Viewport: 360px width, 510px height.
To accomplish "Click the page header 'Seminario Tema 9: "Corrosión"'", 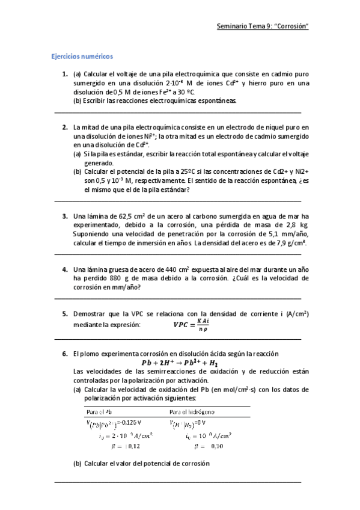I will (x=262, y=26).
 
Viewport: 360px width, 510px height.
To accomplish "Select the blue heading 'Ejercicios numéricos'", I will (x=82, y=57).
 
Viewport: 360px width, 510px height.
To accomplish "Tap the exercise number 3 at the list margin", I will (x=66, y=216).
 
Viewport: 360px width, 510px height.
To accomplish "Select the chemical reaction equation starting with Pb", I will (x=180, y=363).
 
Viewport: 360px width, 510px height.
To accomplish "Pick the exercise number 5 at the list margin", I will (x=66, y=314).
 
